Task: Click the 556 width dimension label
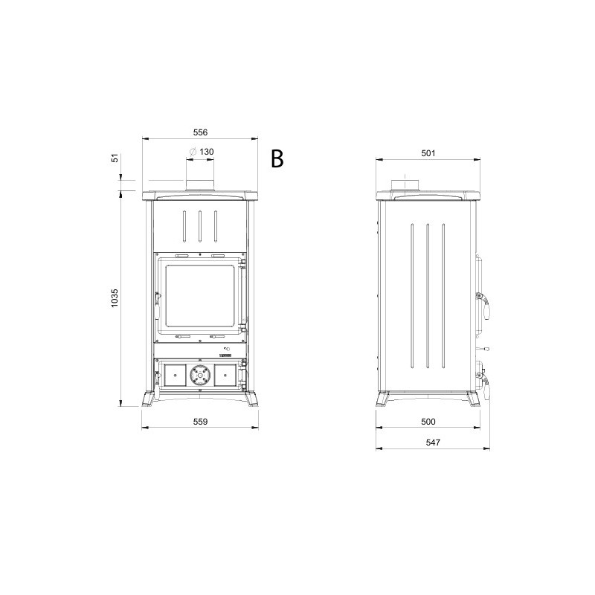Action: pyautogui.click(x=200, y=132)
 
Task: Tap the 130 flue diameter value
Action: pyautogui.click(x=207, y=152)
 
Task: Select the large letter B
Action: pyautogui.click(x=277, y=158)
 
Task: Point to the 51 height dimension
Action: pyautogui.click(x=115, y=158)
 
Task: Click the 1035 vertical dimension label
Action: pyautogui.click(x=115, y=298)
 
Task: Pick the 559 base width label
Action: pyautogui.click(x=200, y=422)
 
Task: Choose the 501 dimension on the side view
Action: pyautogui.click(x=428, y=153)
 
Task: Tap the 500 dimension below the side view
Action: pyautogui.click(x=428, y=422)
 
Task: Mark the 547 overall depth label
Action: pyautogui.click(x=433, y=443)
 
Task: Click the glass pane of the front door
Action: pyautogui.click(x=199, y=295)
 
